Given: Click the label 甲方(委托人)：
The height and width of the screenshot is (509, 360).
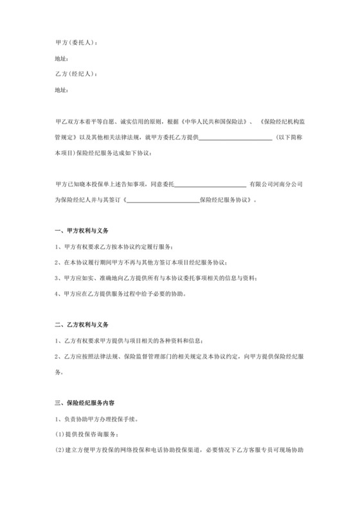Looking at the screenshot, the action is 77,42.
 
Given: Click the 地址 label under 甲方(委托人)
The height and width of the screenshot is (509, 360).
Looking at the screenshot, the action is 62,58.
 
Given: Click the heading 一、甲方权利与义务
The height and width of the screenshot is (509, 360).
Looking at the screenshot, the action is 86,231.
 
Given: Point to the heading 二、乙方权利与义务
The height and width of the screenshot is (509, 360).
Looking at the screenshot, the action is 86,323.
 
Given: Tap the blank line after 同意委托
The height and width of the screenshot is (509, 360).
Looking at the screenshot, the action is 210,184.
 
